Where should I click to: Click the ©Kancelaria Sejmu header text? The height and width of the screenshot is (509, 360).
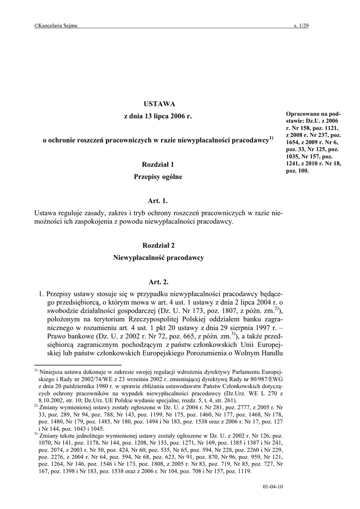click(56, 26)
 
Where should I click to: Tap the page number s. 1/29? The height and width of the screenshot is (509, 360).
click(301, 26)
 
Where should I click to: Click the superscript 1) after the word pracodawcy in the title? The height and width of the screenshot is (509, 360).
click(271, 138)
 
